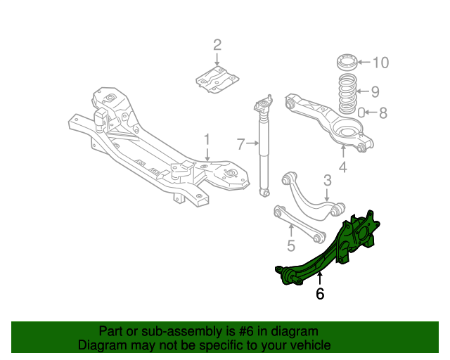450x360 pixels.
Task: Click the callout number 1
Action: (x=207, y=139)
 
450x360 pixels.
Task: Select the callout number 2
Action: (x=217, y=46)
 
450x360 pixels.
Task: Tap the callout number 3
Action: (x=327, y=181)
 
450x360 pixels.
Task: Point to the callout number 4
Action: (x=342, y=167)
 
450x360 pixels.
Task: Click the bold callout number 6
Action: (x=320, y=293)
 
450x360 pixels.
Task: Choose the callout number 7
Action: (x=240, y=145)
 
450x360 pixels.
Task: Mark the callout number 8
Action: (x=383, y=112)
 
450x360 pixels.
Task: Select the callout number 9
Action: (x=375, y=91)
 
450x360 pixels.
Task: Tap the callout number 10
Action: (x=380, y=63)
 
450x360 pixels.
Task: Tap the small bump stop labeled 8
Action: (x=361, y=112)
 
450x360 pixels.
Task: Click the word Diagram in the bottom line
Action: (x=100, y=345)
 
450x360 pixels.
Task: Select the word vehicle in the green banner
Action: (x=309, y=345)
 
